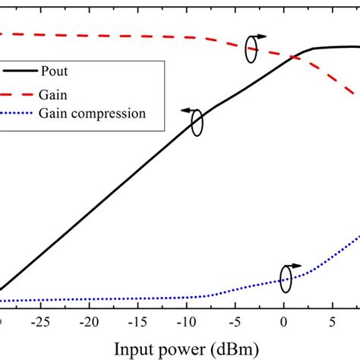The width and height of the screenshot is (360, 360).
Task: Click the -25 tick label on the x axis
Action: [x=40, y=321]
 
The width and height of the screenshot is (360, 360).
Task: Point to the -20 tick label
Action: [x=89, y=321]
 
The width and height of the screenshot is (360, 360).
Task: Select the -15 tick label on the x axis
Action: [x=137, y=321]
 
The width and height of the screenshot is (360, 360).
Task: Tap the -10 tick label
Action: [x=186, y=321]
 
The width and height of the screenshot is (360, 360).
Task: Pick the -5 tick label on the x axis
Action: [x=235, y=321]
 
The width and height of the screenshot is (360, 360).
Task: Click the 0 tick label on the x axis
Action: [x=284, y=321]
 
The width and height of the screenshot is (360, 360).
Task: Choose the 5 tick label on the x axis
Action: [x=333, y=321]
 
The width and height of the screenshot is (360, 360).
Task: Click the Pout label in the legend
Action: [x=75, y=74]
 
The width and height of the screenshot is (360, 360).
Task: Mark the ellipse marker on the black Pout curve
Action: [x=197, y=123]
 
